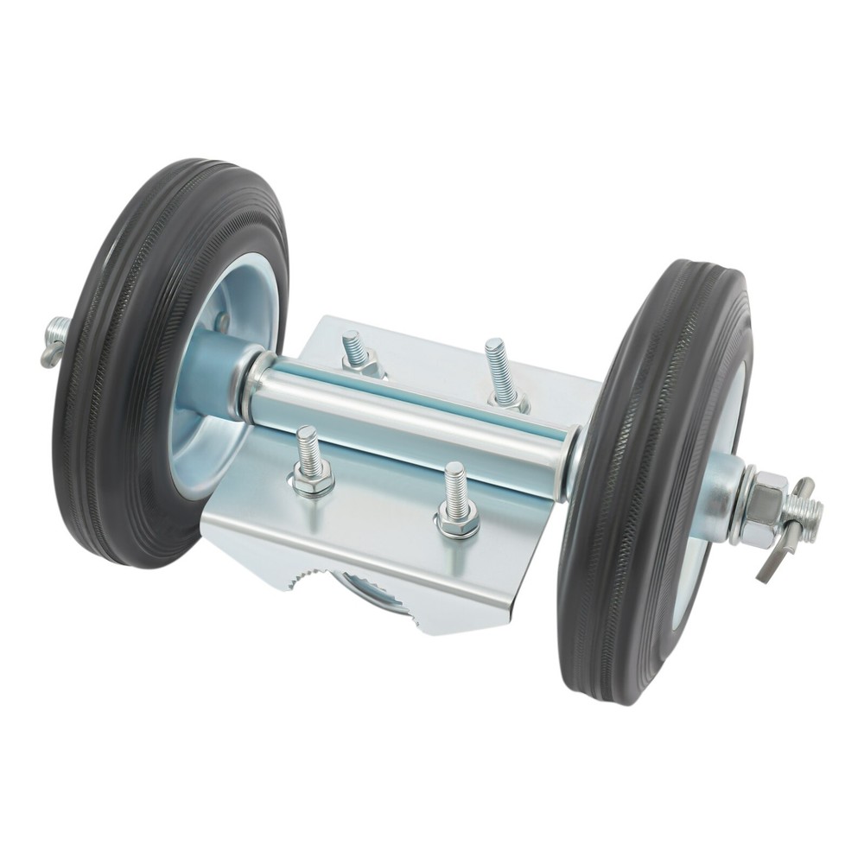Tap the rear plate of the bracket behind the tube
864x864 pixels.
432,354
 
